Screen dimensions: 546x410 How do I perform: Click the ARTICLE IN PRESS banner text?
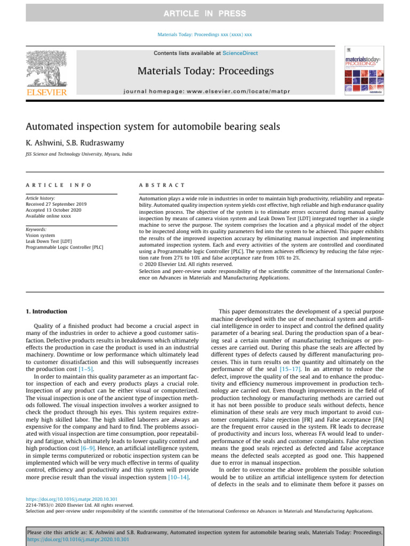pos(204,13)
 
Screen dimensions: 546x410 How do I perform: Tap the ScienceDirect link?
pos(240,53)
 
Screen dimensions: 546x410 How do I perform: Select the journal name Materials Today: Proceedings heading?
pos(206,71)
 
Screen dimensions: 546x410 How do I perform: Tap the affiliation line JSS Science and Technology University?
pos(79,155)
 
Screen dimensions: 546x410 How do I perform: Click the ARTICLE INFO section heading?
pos(59,185)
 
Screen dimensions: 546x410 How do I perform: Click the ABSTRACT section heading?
pos(162,185)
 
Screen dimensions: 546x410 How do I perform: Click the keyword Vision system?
pos(41,235)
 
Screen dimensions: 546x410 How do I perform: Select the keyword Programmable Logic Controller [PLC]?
pos(65,247)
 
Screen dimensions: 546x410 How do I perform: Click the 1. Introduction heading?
pos(47,311)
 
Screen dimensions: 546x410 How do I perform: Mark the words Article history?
pos(40,198)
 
